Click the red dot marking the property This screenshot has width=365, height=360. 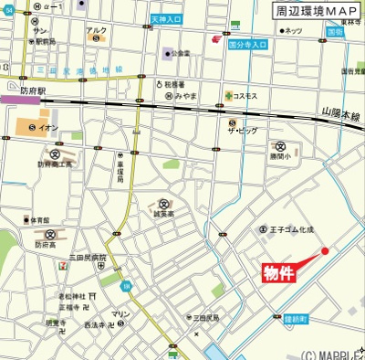324,251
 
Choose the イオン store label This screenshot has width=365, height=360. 48,127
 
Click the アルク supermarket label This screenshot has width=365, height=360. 96,29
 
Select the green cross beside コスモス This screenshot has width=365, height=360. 227,94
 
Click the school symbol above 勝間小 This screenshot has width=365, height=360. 281,146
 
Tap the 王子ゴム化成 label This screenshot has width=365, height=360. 291,229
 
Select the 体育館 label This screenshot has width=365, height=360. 37,220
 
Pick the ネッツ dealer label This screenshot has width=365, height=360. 293,30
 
